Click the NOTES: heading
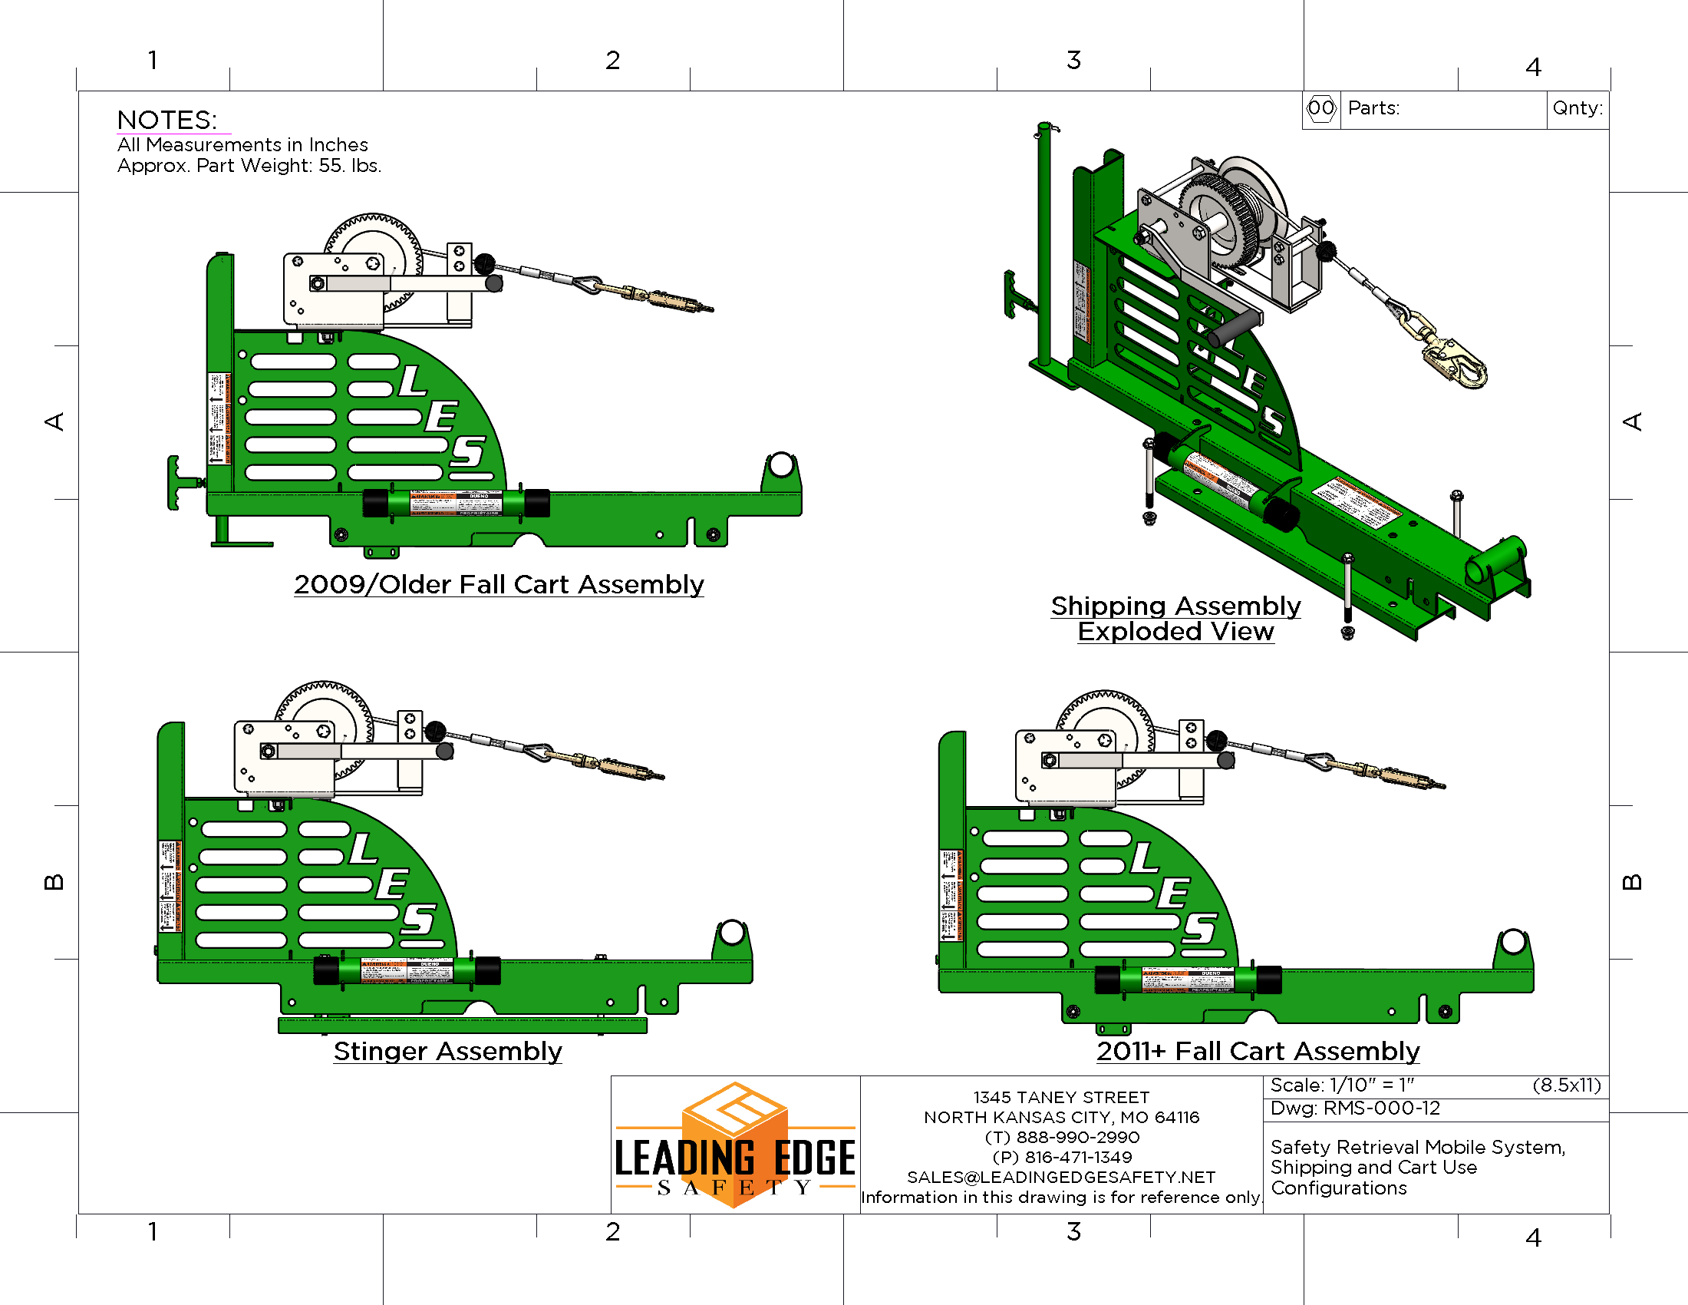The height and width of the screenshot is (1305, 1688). (x=167, y=120)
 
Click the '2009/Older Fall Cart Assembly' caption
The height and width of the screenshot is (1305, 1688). (x=499, y=584)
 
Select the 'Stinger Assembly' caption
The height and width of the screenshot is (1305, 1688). (x=447, y=1051)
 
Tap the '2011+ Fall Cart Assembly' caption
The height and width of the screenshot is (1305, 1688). (x=1258, y=1051)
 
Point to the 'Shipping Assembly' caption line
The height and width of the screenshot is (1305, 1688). (x=1175, y=606)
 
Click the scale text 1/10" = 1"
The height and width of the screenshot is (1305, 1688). (x=1372, y=1085)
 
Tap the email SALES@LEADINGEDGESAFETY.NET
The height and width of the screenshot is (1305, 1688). (x=1061, y=1177)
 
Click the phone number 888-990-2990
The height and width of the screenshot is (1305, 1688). (x=1077, y=1137)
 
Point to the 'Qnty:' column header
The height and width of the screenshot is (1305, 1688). (x=1577, y=108)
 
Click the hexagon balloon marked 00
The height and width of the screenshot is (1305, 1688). (x=1321, y=108)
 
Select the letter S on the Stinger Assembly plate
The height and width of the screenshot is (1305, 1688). (x=418, y=919)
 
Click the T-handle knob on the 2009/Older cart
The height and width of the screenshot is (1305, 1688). (x=176, y=483)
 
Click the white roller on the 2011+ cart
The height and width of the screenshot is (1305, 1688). (x=1512, y=942)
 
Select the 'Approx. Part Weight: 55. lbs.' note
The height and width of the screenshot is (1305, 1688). (x=249, y=166)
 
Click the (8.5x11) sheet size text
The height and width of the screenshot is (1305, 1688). (x=1567, y=1085)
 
